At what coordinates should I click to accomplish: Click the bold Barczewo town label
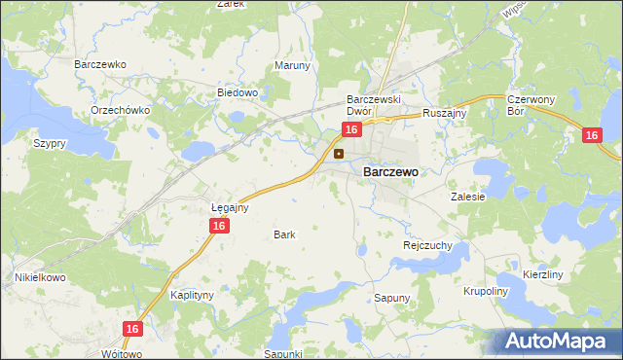[x=390, y=171]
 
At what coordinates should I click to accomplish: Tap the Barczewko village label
[x=100, y=64]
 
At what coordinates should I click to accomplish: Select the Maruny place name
[x=292, y=66]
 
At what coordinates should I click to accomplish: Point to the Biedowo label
[x=237, y=93]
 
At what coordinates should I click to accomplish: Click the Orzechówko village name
[x=120, y=110]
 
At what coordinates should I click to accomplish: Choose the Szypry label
[x=50, y=143]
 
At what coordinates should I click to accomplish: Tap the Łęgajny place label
[x=231, y=207]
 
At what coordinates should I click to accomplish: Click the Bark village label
[x=284, y=234]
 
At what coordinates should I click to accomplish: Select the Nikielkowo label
[x=39, y=277]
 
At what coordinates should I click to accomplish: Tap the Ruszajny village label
[x=447, y=113]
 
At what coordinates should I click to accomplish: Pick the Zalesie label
[x=467, y=196]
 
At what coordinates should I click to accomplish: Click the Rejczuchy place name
[x=427, y=246]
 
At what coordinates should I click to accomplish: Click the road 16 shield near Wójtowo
[x=133, y=330]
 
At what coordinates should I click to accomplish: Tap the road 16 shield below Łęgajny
[x=219, y=226]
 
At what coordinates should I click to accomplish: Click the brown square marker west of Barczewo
[x=339, y=154]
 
